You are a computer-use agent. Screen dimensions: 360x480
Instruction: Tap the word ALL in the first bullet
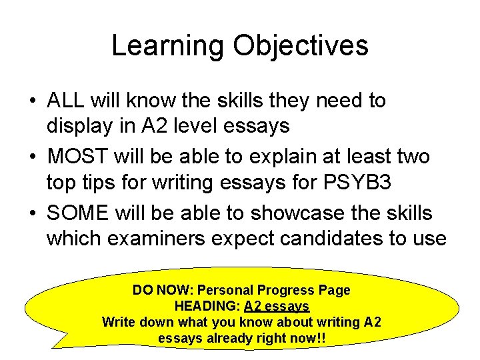65,101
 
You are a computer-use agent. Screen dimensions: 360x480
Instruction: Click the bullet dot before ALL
32,101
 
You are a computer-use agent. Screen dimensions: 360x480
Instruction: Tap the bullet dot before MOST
32,158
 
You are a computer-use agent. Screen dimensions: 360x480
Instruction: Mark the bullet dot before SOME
32,214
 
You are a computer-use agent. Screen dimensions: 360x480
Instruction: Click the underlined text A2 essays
277,307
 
